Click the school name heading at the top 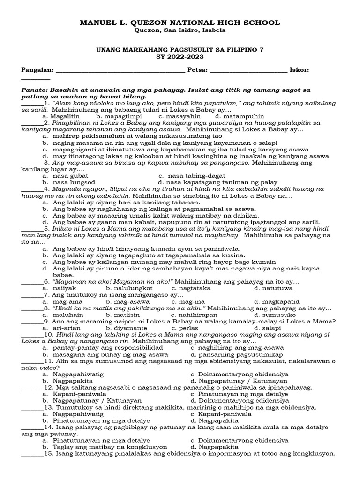(x=180, y=22)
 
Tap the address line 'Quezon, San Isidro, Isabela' (x=180, y=30)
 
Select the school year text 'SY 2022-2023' (x=180, y=57)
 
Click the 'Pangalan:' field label (x=38, y=70)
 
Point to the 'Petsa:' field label (x=197, y=70)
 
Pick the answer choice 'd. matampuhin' (x=240, y=116)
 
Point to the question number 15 (x=49, y=453)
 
